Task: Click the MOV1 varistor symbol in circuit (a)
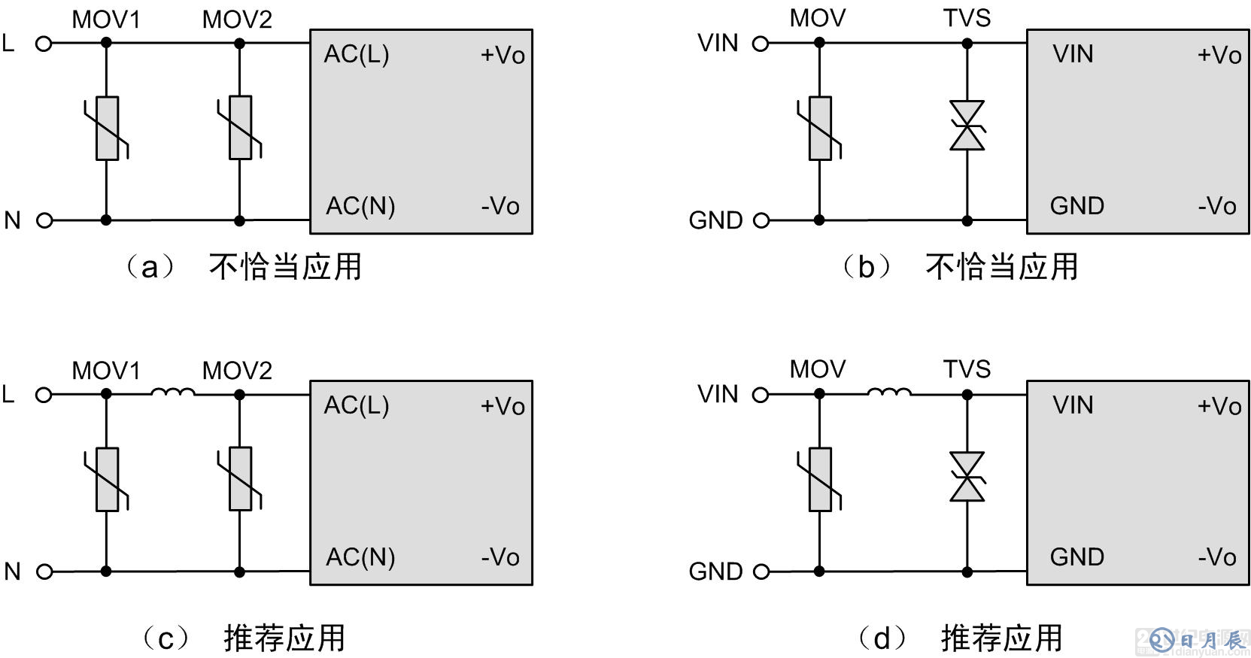click(107, 129)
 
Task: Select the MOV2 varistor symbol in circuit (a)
click(240, 128)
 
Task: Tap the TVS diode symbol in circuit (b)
click(967, 126)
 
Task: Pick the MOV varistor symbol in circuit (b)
click(820, 129)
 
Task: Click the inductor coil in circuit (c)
click(173, 392)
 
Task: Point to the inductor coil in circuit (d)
click(889, 392)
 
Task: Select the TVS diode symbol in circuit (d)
click(967, 477)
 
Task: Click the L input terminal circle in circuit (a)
click(44, 44)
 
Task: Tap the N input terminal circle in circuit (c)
click(44, 572)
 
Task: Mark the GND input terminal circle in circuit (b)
click(761, 220)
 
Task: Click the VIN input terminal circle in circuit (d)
click(761, 394)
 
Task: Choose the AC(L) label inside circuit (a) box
click(357, 54)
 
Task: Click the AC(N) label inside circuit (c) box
click(360, 557)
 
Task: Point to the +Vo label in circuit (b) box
click(1219, 55)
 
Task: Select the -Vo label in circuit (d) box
click(1217, 557)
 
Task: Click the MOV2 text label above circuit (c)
click(237, 371)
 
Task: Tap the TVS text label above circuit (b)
click(967, 18)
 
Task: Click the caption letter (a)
click(150, 267)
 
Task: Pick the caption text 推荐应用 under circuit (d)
click(1001, 638)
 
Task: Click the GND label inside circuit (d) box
click(1076, 557)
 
